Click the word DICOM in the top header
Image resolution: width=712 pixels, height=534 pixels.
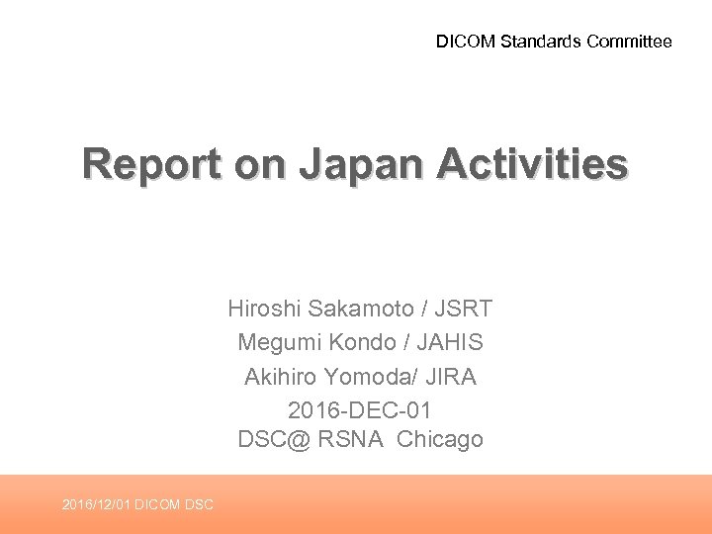(467, 42)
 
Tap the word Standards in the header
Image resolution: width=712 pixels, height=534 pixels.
(542, 42)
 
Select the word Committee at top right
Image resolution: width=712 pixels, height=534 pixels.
(629, 42)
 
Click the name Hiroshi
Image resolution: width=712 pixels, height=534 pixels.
(264, 309)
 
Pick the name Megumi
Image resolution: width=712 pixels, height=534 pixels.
(274, 342)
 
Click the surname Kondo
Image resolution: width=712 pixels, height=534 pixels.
(360, 342)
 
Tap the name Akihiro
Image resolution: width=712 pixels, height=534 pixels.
(278, 376)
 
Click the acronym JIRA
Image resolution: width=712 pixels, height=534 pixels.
(453, 376)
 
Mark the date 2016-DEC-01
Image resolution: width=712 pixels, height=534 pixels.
(360, 408)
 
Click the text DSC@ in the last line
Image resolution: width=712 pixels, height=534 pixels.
(273, 440)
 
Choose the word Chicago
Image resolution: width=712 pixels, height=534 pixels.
(440, 440)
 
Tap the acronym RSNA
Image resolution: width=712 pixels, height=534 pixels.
(350, 440)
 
